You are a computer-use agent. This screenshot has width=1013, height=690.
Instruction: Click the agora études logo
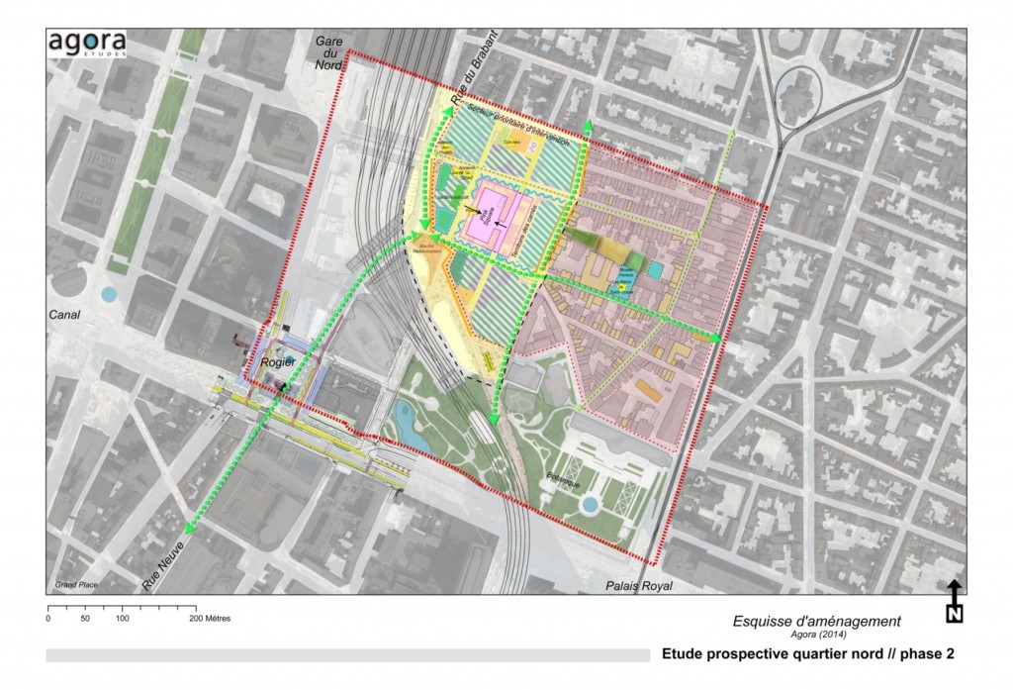(x=86, y=45)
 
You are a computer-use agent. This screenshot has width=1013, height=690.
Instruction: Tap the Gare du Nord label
(x=328, y=53)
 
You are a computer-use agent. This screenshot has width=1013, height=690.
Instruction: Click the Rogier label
(x=278, y=362)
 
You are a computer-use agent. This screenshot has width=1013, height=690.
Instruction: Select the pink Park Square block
(x=491, y=213)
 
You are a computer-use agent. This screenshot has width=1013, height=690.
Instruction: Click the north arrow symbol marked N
(x=955, y=602)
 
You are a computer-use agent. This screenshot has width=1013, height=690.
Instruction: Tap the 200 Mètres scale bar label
(x=212, y=618)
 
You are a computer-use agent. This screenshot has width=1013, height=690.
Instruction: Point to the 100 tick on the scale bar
(x=123, y=618)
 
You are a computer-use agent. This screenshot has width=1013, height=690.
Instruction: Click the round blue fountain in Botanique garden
(x=591, y=505)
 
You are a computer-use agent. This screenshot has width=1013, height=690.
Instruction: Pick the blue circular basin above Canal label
(x=109, y=293)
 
